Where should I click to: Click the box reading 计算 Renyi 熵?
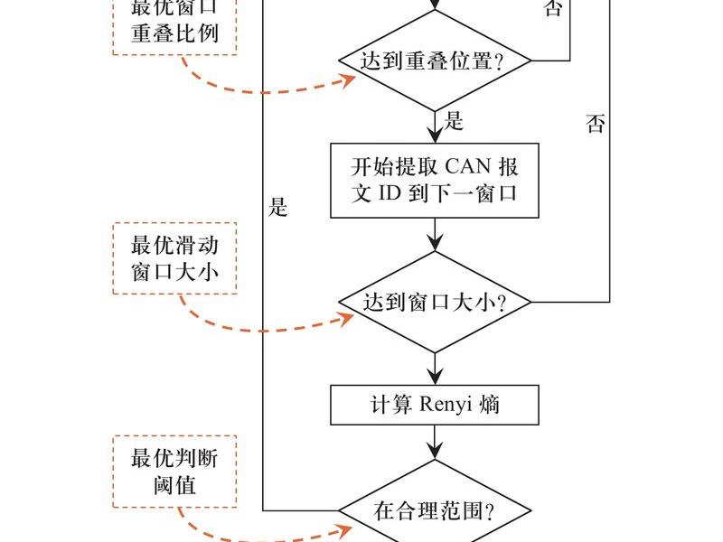tap(435, 405)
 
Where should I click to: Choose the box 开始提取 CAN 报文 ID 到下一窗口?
tap(435, 180)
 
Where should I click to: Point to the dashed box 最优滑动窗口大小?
tap(174, 258)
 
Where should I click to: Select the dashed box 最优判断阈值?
tap(174, 471)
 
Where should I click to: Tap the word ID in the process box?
tap(390, 193)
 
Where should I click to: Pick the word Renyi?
tap(446, 405)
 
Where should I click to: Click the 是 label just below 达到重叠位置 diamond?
tap(454, 121)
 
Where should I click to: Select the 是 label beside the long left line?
tap(278, 207)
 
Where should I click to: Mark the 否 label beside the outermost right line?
tap(595, 124)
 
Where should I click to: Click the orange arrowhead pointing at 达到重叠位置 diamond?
tap(348, 80)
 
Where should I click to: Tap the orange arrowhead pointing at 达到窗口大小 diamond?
tap(347, 319)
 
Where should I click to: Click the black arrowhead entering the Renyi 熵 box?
tap(435, 376)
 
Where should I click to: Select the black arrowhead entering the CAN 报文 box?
tap(435, 134)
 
